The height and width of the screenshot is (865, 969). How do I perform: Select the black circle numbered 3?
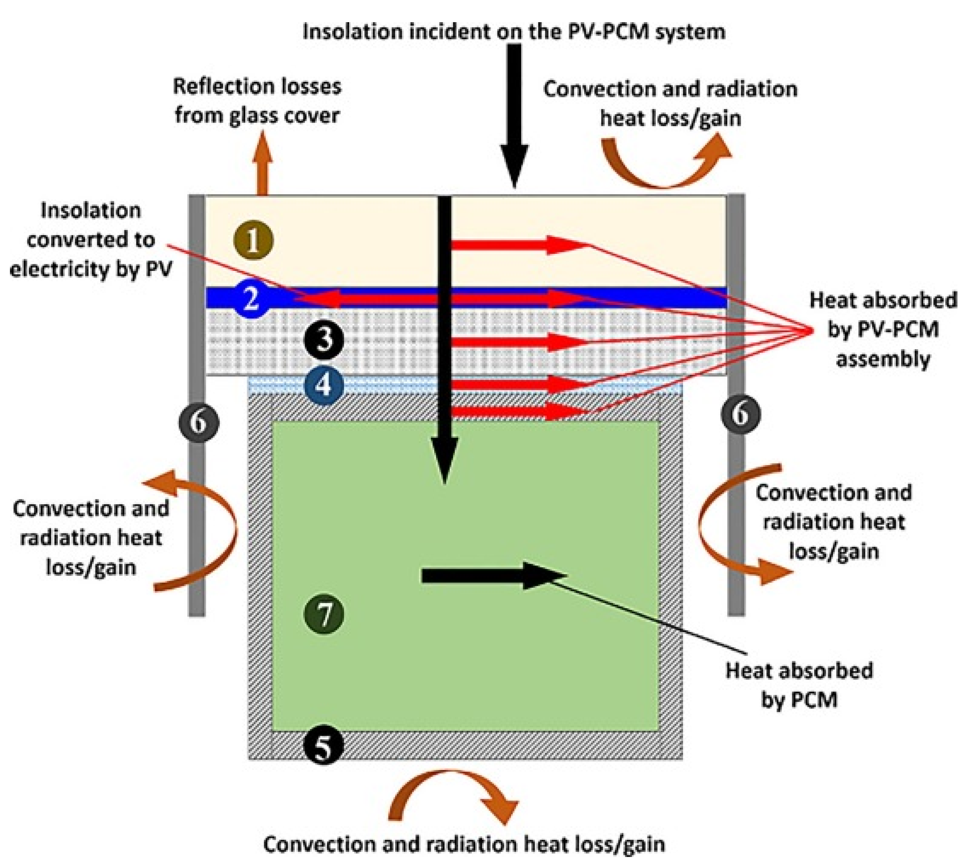pyautogui.click(x=324, y=340)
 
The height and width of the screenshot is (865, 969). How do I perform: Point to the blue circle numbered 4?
pyautogui.click(x=324, y=384)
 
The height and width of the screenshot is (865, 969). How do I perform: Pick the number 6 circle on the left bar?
pyautogui.click(x=199, y=422)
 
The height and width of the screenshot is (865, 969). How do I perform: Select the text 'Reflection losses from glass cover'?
pyautogui.click(x=257, y=101)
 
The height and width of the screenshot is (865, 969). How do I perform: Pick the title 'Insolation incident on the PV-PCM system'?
pyautogui.click(x=514, y=32)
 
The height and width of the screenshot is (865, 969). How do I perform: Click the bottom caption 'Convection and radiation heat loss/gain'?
pyautogui.click(x=464, y=844)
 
